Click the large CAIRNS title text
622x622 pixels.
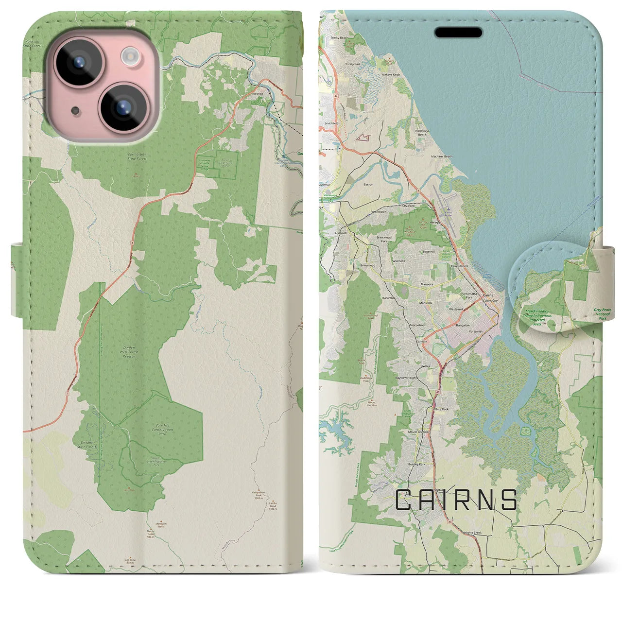[456, 500]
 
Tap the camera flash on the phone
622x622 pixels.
[130, 56]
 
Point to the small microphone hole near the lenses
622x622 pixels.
[74, 111]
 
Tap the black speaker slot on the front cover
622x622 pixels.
[458, 33]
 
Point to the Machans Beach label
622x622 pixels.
[442, 156]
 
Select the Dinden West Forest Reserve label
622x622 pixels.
[129, 354]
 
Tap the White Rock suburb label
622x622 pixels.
[441, 409]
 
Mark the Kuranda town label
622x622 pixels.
[258, 93]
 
